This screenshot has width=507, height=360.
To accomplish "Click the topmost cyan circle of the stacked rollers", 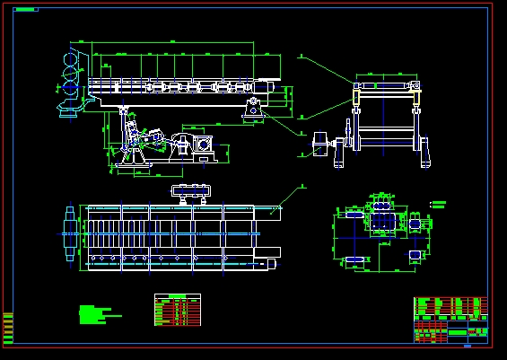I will [68, 57].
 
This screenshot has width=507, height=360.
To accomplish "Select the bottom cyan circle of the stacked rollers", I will [68, 89].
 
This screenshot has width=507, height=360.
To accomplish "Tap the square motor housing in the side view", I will [205, 144].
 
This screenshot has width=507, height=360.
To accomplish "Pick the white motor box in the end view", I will [320, 144].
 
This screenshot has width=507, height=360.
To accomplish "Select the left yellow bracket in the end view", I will [358, 92].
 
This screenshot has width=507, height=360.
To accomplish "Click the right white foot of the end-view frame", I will [424, 162].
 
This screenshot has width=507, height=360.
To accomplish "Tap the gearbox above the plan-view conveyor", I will [190, 190].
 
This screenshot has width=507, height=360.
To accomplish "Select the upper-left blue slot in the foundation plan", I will [353, 216].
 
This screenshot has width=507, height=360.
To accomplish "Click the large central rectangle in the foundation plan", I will [382, 221].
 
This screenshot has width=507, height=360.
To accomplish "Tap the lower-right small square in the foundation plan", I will [415, 256].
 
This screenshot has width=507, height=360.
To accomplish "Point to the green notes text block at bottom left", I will [94, 313].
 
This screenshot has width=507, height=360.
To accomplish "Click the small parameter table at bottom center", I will [176, 310].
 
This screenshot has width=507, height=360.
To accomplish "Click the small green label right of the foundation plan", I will [439, 204].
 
